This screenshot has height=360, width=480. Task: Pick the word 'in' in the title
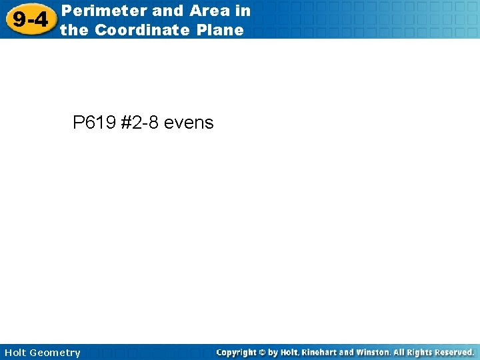click(x=243, y=11)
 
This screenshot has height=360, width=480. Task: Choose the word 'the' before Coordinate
click(x=75, y=30)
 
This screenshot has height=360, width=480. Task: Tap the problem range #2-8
click(x=140, y=123)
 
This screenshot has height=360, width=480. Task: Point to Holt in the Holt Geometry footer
click(x=16, y=353)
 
